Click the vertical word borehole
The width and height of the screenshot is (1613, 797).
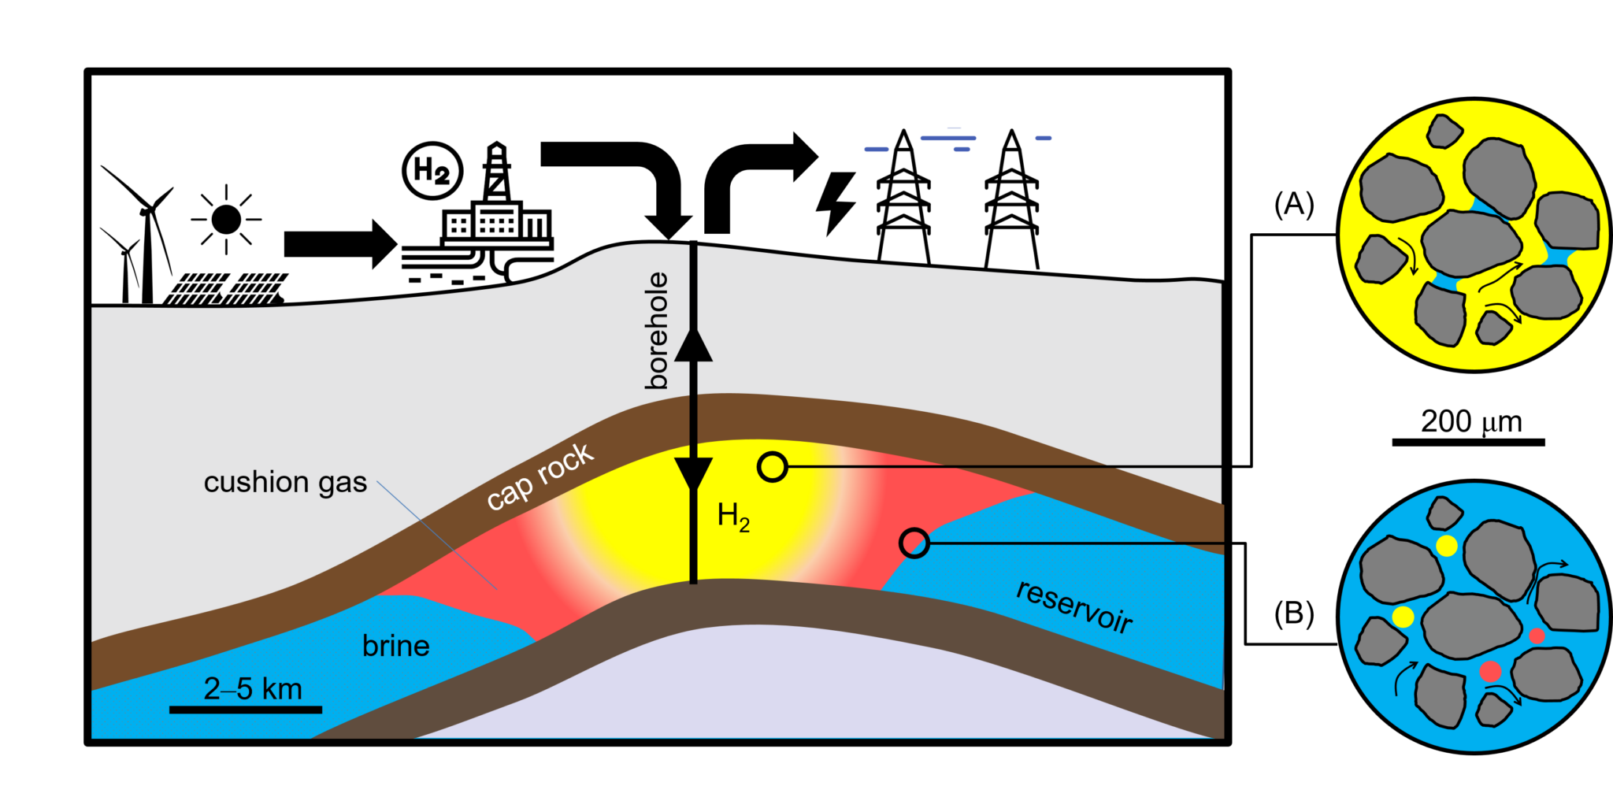tap(657, 331)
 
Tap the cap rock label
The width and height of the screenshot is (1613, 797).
tap(540, 476)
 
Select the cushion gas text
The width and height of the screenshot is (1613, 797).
tap(285, 482)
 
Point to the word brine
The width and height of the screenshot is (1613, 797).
tap(395, 646)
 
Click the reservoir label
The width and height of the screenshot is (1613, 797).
tap(1074, 606)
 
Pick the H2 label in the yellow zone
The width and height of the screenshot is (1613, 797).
tap(733, 517)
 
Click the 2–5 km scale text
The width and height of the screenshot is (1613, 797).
tap(253, 689)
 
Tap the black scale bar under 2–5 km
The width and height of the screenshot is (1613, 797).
tap(246, 710)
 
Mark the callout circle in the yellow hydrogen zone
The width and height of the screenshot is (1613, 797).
tap(773, 467)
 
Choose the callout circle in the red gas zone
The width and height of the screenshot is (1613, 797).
tap(914, 543)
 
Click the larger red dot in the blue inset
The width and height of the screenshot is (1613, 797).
tap(1490, 671)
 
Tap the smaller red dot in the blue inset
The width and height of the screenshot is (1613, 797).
tap(1537, 635)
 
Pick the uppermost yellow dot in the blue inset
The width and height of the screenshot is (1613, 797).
tap(1446, 545)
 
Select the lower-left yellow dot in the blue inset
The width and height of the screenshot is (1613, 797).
tap(1403, 617)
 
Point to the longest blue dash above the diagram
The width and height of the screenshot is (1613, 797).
tap(948, 138)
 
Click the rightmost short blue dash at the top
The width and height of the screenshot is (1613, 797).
tap(1043, 138)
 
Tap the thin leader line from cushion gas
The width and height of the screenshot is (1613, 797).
tap(437, 536)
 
